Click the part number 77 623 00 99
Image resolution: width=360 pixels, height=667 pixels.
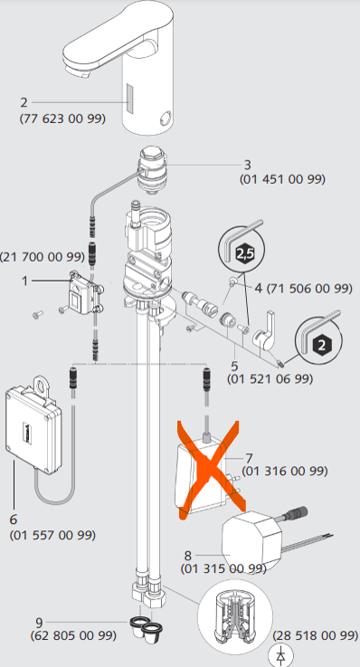coord(62,119)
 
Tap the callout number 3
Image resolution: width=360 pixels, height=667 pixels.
coord(247,165)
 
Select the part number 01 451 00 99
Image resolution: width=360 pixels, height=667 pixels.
coord(282,179)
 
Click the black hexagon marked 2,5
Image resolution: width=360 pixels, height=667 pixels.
coord(244,254)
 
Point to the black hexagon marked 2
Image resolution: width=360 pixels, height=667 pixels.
coord(321,344)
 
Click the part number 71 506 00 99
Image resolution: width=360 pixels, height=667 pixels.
coord(310,288)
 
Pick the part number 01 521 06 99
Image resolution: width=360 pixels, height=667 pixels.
coord(270,378)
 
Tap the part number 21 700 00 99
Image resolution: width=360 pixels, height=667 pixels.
coord(43,257)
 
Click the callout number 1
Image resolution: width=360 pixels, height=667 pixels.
coord(24,281)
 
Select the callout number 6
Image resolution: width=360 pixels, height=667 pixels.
coord(14,519)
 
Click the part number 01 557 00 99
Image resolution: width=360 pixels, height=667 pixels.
coord(52,534)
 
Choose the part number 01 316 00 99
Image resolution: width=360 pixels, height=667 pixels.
coord(285,471)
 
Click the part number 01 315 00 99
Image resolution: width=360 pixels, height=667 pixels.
coord(223,568)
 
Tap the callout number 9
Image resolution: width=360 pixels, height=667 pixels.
coord(39,623)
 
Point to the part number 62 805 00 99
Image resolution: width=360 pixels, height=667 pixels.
coord(73,635)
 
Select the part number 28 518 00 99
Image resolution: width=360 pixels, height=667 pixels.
coord(316,635)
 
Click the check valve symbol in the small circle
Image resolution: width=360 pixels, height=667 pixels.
coord(280,655)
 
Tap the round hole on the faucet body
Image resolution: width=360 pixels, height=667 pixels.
coord(166,117)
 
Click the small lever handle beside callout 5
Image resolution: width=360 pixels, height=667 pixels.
coord(264,333)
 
